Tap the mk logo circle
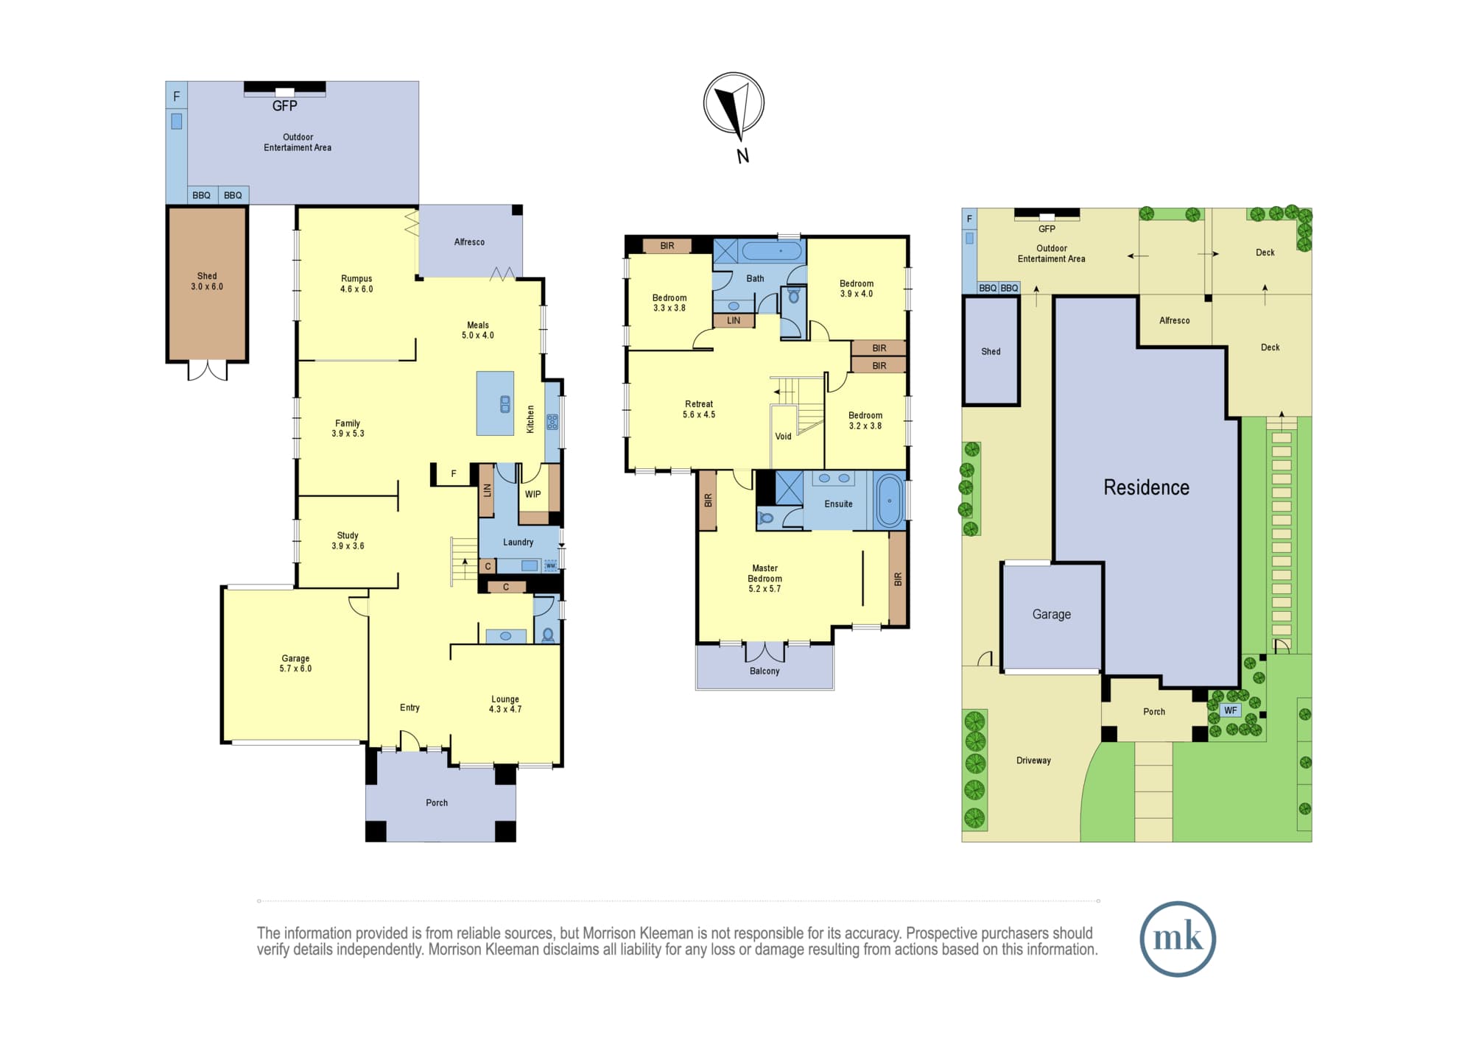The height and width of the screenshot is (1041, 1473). click(x=1178, y=939)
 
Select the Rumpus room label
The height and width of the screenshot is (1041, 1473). click(x=356, y=283)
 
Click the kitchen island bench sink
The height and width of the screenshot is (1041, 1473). click(x=505, y=404)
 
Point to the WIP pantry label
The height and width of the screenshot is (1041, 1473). click(x=532, y=494)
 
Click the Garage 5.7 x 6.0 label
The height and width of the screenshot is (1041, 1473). click(x=295, y=663)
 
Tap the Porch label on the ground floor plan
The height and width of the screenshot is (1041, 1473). click(x=437, y=802)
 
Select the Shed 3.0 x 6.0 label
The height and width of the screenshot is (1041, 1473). click(x=207, y=281)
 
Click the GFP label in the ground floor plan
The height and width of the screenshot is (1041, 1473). click(x=285, y=106)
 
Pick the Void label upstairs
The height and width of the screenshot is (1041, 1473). click(x=783, y=437)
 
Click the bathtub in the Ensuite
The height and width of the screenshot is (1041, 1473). click(x=890, y=501)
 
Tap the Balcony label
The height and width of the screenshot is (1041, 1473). click(x=764, y=671)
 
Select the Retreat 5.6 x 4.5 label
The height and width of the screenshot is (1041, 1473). click(x=699, y=409)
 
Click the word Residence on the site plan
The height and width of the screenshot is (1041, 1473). click(x=1146, y=487)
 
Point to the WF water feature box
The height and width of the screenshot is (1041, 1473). click(x=1231, y=710)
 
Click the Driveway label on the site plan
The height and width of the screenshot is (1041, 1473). click(x=1033, y=761)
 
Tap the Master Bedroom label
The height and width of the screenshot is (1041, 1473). click(x=764, y=578)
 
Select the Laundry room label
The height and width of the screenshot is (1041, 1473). click(x=518, y=542)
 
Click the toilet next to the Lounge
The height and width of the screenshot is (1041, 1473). click(x=548, y=635)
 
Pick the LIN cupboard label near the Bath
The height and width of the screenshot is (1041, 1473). click(x=734, y=320)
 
